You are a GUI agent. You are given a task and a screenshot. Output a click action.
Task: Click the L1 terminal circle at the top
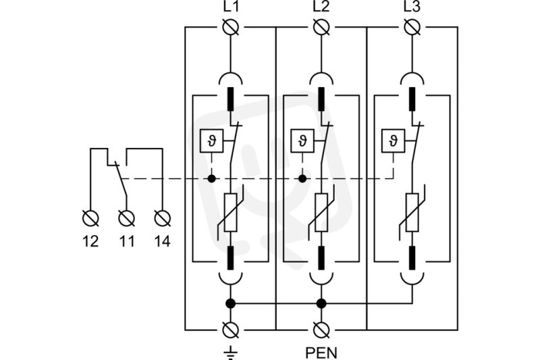(x=230, y=27)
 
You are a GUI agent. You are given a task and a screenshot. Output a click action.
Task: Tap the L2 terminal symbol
(x=321, y=27)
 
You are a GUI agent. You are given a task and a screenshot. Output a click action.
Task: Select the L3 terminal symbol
(x=412, y=27)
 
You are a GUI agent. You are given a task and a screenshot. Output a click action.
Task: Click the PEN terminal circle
(x=321, y=330)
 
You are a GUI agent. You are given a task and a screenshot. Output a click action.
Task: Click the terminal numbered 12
(x=91, y=218)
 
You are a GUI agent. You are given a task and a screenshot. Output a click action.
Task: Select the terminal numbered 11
(x=126, y=218)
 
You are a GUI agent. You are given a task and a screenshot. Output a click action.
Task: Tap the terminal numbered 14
(x=162, y=218)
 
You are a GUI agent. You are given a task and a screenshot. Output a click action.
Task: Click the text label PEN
(x=321, y=353)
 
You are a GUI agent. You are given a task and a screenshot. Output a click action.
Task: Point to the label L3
(x=412, y=7)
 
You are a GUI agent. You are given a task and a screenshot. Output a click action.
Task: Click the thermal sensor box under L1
(x=211, y=140)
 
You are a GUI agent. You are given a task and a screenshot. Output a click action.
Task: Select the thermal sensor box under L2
(x=302, y=140)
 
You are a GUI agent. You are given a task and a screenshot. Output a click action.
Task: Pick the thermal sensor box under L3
(x=394, y=140)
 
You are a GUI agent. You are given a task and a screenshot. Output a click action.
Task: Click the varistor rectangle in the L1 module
(x=230, y=212)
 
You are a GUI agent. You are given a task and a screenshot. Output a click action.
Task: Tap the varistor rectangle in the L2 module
(x=321, y=212)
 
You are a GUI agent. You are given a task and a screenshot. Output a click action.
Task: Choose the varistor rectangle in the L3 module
(x=412, y=212)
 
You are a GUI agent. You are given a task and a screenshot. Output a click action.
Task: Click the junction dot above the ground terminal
(x=230, y=303)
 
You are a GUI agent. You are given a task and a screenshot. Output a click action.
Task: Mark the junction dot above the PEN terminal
(x=321, y=303)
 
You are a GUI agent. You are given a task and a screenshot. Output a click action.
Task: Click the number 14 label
(x=162, y=242)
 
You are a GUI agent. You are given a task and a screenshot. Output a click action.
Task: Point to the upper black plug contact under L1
(x=230, y=99)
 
